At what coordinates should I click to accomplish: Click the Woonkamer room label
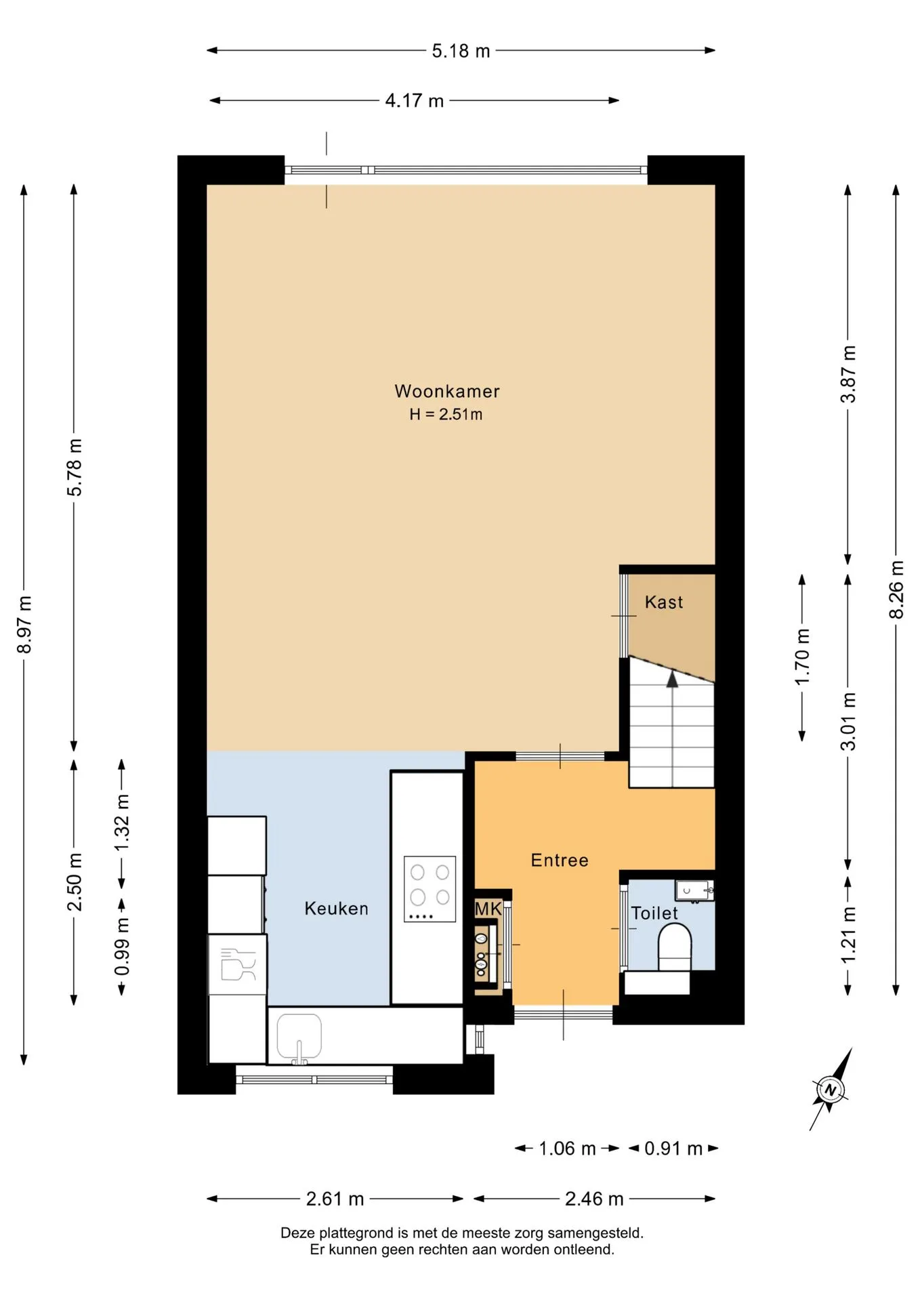point(447,391)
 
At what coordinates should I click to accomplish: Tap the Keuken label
point(336,909)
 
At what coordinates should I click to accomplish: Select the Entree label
point(560,860)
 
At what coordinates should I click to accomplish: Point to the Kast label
point(664,602)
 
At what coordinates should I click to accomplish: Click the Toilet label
point(654,913)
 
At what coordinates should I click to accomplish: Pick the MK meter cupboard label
point(488,909)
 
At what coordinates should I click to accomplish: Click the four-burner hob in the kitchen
point(430,889)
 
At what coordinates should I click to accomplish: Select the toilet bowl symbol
point(674,948)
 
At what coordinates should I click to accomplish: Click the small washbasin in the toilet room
point(694,890)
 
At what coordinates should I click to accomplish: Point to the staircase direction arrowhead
point(672,679)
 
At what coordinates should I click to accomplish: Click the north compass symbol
point(831,1090)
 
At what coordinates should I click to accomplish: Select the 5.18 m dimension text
point(461,51)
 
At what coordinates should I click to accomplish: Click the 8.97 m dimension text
point(24,625)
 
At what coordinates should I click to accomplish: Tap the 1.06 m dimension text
point(567,1149)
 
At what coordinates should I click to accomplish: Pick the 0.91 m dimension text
point(673,1149)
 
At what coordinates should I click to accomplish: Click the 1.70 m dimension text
point(802,657)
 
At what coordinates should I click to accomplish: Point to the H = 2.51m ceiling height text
point(446,414)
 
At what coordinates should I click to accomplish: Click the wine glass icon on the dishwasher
point(238,964)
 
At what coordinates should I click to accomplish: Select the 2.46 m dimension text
point(594,1199)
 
